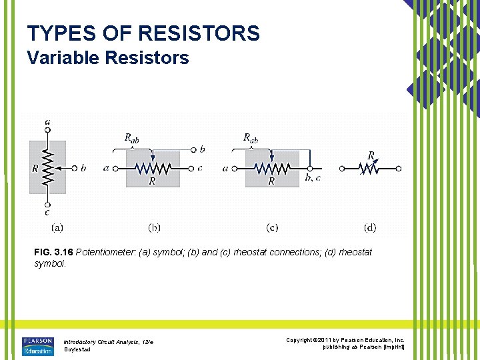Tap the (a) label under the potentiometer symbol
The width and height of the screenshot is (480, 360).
point(57,227)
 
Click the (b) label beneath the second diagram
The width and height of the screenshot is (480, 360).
point(154,227)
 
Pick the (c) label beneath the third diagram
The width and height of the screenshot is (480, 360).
point(272,227)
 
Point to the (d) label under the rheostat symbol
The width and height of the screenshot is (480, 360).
point(370,227)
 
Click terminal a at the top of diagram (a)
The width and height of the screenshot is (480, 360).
point(47,130)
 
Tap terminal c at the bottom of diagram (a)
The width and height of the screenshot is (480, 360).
point(47,205)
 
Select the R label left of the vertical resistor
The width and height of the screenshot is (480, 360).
point(35,169)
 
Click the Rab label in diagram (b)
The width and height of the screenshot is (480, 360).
point(132,138)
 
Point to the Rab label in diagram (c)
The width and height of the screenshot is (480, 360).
point(251,138)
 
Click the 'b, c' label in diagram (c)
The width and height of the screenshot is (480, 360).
point(313,177)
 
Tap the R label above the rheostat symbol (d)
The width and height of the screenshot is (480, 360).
point(371,155)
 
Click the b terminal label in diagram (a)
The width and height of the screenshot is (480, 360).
point(83,168)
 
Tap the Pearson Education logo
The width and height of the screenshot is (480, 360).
point(37,345)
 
